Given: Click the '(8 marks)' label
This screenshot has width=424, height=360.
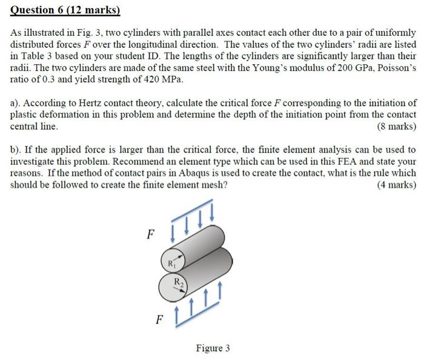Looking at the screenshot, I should tap(396, 127).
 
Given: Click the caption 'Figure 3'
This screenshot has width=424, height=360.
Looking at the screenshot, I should tap(213, 348).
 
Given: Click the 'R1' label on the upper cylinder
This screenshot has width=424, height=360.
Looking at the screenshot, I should tap(172, 262).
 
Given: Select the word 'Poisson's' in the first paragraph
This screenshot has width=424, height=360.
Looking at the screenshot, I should tap(394, 68).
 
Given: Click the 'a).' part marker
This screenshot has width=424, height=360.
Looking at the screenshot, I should tap(17, 104).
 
